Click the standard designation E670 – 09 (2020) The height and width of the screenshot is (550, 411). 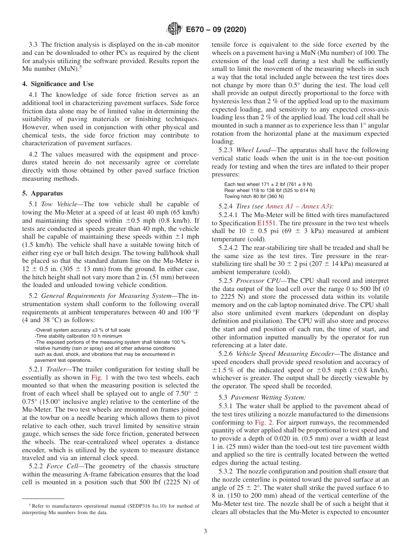tap(215, 29)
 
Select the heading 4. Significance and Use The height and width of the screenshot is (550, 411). tap(58, 84)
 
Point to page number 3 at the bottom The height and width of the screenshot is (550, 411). tap(205, 531)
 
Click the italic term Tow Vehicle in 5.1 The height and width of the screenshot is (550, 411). tap(59, 204)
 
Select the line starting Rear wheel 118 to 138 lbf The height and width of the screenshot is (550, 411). tap(270, 190)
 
